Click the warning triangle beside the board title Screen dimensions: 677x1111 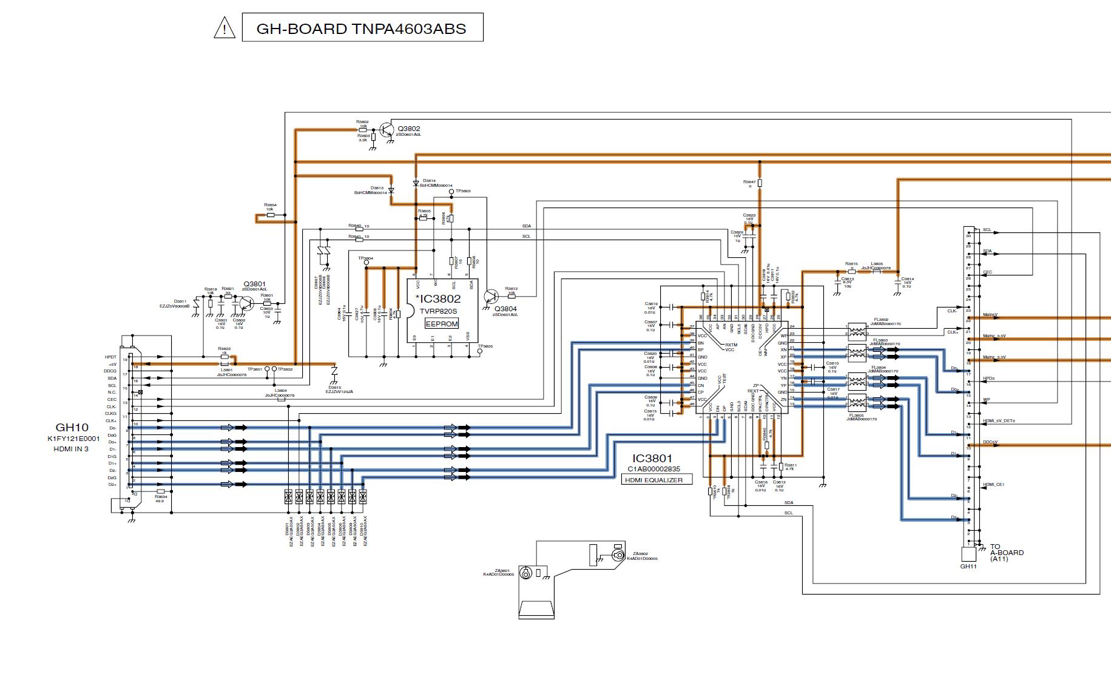click(x=225, y=28)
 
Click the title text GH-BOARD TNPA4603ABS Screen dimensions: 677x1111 click(x=362, y=29)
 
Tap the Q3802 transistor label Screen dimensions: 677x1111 click(x=409, y=129)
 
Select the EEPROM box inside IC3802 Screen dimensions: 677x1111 click(x=442, y=325)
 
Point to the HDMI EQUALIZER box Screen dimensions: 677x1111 click(x=657, y=480)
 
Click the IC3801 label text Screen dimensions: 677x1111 click(x=652, y=459)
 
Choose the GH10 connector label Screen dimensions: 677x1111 click(x=72, y=428)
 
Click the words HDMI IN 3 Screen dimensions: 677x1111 click(x=71, y=449)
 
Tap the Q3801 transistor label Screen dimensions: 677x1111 click(x=255, y=284)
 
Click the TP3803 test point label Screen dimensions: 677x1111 click(x=463, y=191)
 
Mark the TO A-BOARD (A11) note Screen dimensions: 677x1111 click(x=1007, y=553)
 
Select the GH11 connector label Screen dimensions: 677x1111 click(x=968, y=567)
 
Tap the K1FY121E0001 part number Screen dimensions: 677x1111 click(x=73, y=439)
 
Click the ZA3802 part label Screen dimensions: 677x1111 click(x=640, y=554)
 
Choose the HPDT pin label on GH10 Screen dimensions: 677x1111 click(x=110, y=357)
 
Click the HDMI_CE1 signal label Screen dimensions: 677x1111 click(x=993, y=485)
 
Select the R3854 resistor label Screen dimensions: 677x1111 click(x=270, y=205)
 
